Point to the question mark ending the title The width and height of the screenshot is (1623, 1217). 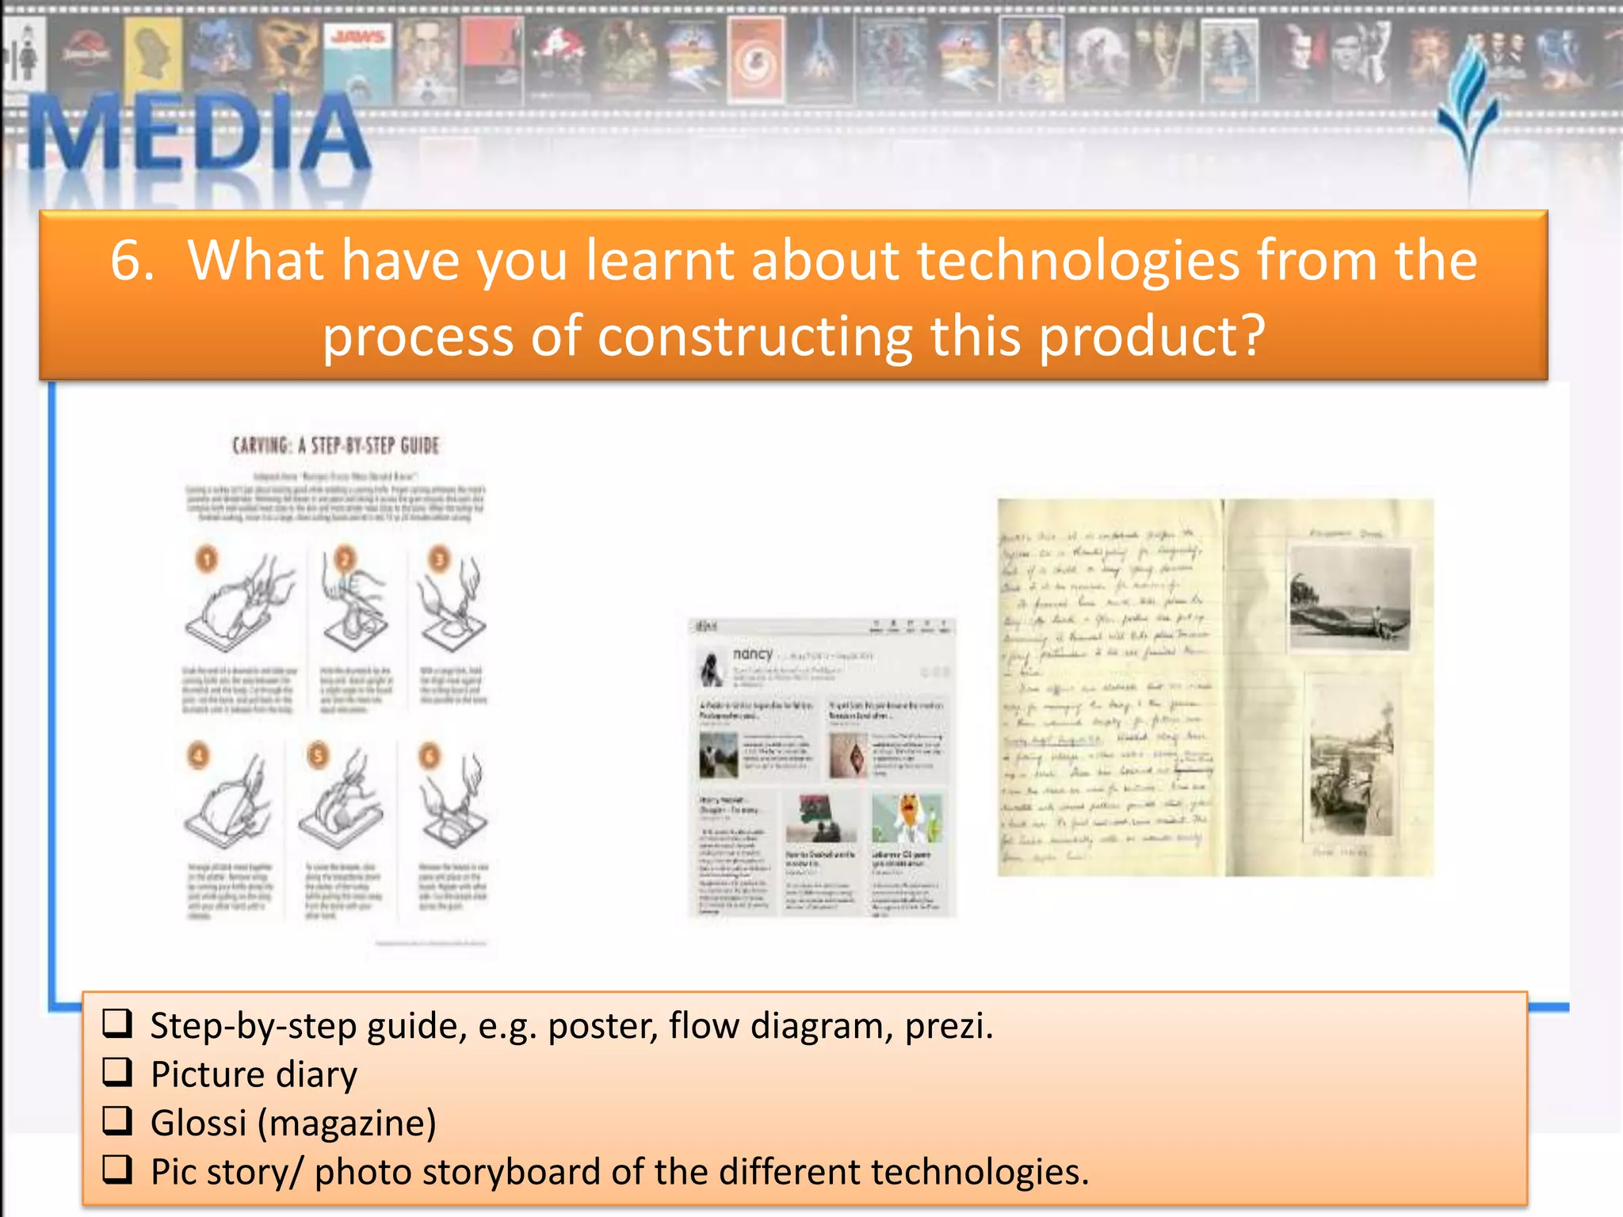tap(1252, 336)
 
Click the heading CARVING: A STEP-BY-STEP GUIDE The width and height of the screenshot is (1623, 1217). tap(335, 445)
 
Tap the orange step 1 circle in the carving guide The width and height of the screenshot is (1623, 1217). tap(207, 560)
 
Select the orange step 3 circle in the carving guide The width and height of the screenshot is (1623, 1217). tap(439, 559)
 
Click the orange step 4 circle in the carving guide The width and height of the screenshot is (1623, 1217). tap(198, 755)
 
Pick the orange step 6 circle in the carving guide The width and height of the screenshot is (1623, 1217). tap(429, 756)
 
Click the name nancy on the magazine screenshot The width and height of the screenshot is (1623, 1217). tap(752, 654)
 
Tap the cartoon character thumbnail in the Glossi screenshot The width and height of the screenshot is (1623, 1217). tap(907, 818)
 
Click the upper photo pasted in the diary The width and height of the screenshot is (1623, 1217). tap(1350, 598)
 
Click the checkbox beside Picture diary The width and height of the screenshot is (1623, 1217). tap(117, 1073)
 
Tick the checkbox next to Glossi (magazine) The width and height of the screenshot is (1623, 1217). tap(117, 1121)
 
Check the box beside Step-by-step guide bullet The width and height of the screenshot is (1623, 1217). tap(117, 1024)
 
